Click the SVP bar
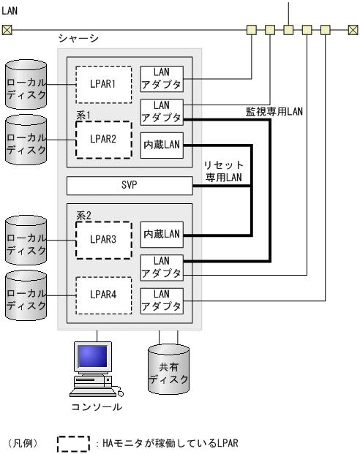click(x=129, y=186)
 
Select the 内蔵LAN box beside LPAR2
click(x=162, y=145)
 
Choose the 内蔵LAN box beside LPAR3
click(x=162, y=233)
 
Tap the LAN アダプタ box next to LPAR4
click(x=162, y=300)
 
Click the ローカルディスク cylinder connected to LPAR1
click(x=25, y=85)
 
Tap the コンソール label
click(x=97, y=407)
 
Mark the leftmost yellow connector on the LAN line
click(x=252, y=30)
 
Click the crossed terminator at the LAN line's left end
click(x=7, y=30)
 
